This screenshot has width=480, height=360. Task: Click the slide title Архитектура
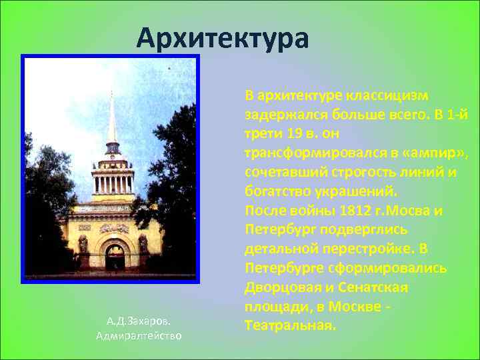pos(223,38)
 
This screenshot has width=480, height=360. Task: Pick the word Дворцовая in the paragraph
pos(283,288)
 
